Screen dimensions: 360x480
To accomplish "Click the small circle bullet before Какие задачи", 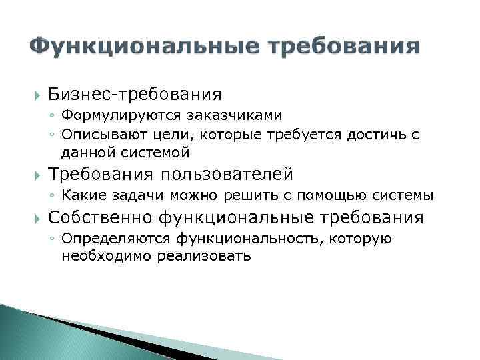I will tap(52, 196).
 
